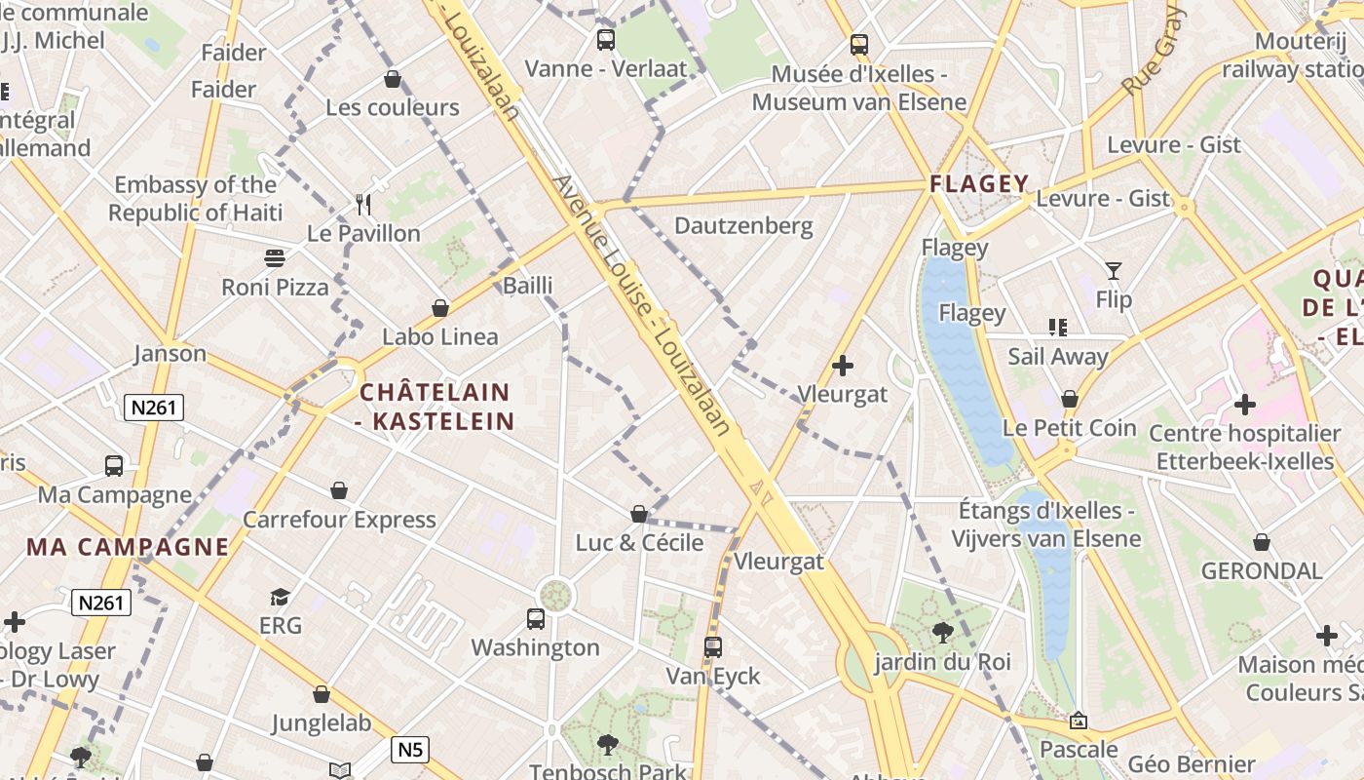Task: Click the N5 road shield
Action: point(410,750)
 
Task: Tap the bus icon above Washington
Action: point(535,618)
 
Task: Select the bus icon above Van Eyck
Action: point(713,646)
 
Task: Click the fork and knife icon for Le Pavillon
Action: point(364,205)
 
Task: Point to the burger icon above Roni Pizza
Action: point(276,258)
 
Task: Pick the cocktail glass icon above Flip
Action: point(1114,271)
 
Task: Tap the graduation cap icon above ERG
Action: point(281,597)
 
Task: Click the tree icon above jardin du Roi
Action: point(942,633)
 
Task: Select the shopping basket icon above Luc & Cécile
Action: point(639,513)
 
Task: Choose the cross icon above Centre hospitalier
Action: point(1244,404)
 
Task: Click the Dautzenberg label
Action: point(743,226)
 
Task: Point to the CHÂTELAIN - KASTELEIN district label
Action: point(436,407)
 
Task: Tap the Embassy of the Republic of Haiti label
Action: point(196,199)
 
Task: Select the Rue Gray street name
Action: point(1154,52)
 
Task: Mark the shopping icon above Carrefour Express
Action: point(339,489)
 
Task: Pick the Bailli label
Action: point(528,286)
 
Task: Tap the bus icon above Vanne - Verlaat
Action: point(606,40)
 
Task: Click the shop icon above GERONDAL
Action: point(1262,542)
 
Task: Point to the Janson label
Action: point(170,353)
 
